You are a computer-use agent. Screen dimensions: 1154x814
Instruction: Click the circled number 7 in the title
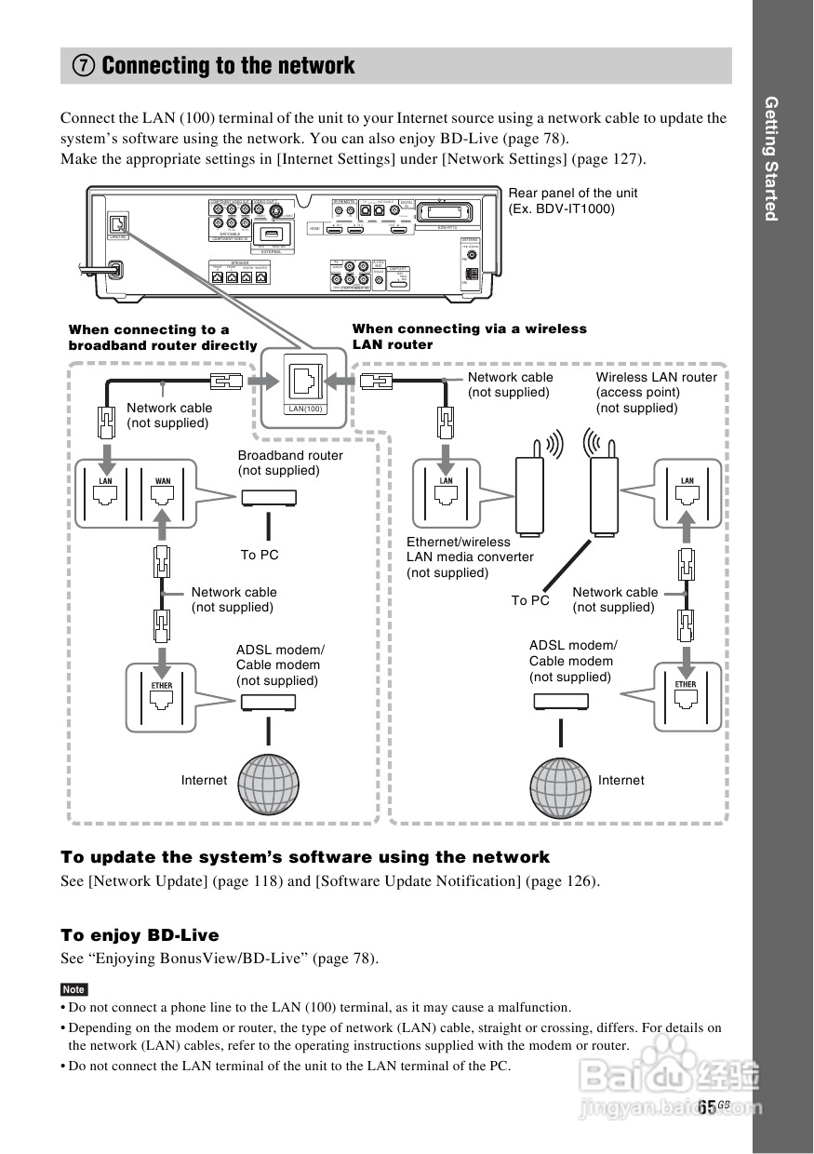coord(84,66)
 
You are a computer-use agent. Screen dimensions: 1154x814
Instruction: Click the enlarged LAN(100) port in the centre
coord(305,382)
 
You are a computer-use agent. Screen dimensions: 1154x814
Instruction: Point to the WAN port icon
coord(163,494)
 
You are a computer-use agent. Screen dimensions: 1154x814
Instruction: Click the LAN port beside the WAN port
coord(106,494)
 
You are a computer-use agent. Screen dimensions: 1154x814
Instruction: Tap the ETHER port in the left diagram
coord(162,698)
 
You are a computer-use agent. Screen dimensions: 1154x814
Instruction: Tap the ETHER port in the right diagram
coord(686,698)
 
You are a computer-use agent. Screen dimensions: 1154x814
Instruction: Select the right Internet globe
coord(561,782)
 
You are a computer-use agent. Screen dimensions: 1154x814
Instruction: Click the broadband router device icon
coord(269,498)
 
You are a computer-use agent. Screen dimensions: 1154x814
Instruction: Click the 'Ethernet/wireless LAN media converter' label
coord(470,557)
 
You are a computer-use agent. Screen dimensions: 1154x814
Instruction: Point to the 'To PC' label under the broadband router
coord(260,555)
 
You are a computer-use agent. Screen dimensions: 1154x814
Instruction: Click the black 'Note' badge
coord(73,989)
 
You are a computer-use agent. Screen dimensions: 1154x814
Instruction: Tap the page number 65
coord(707,1107)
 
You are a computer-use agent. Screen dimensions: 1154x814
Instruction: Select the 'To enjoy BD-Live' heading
coord(140,934)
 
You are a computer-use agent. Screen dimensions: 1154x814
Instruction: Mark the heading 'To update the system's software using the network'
coord(305,856)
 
